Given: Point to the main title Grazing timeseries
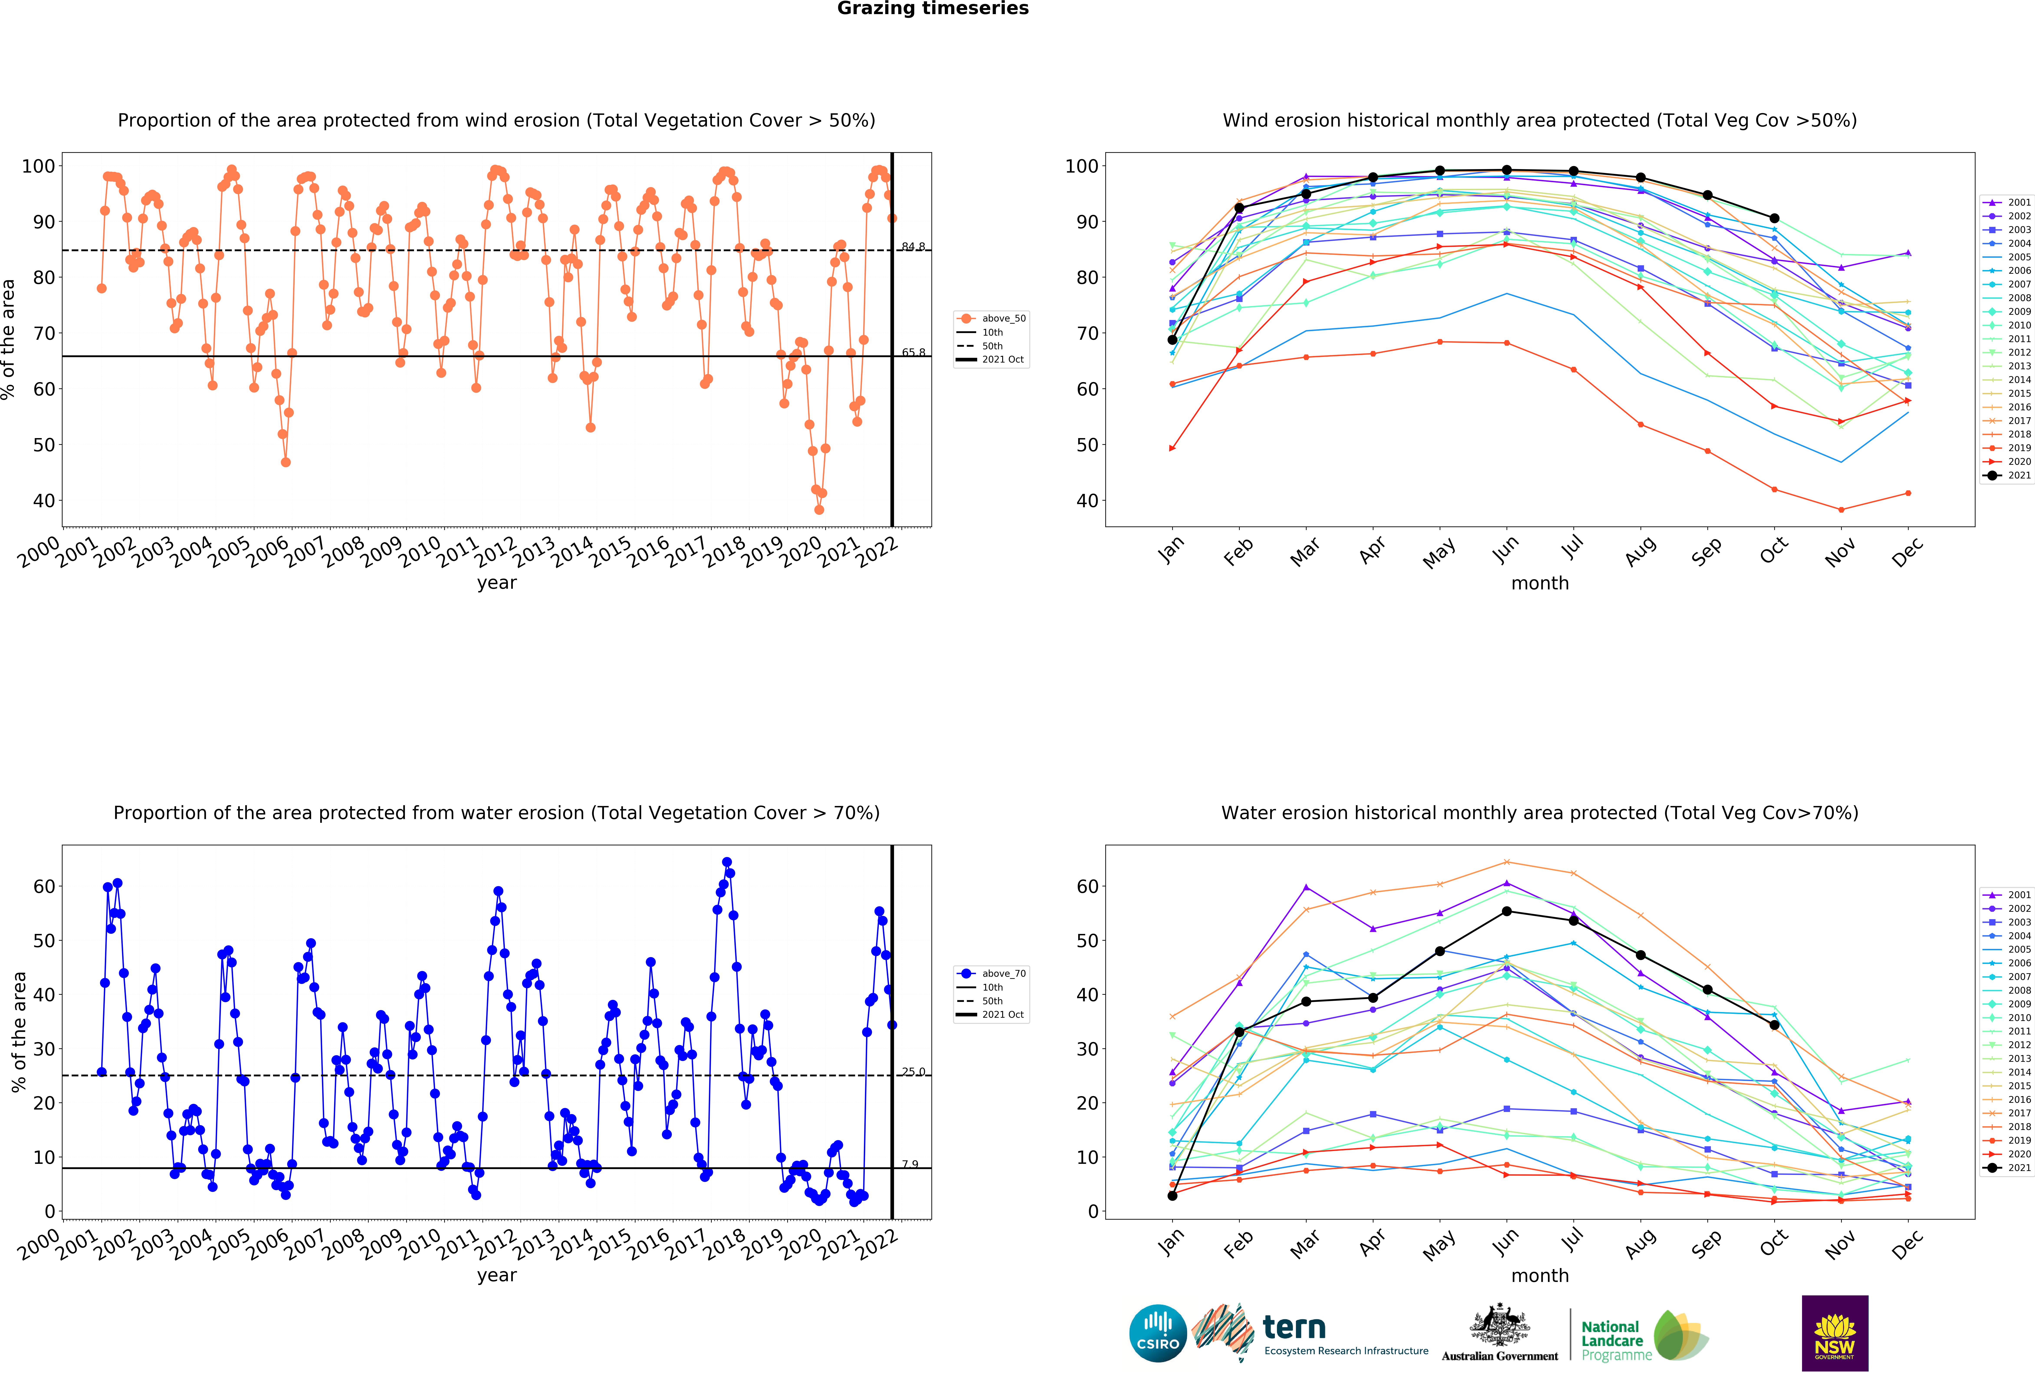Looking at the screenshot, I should click(933, 9).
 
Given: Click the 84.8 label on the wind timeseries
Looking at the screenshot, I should click(913, 247).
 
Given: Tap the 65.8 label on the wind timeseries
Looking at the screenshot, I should click(913, 353).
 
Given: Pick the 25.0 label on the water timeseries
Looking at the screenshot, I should click(913, 1072).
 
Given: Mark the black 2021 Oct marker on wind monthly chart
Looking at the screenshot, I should click(1774, 218).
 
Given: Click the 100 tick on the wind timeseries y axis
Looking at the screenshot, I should click(38, 165).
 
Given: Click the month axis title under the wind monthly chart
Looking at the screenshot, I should click(1539, 583).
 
